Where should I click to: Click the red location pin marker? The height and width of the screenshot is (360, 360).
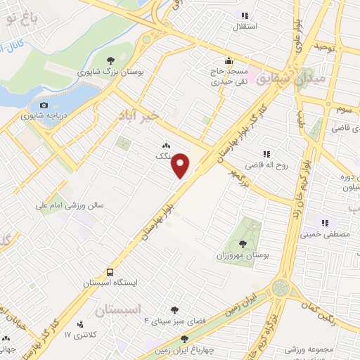[182, 164]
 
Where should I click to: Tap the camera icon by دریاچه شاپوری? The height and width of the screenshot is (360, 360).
[43, 105]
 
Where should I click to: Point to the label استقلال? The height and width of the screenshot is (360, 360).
[244, 27]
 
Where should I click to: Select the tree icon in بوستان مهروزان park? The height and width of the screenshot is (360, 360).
[243, 244]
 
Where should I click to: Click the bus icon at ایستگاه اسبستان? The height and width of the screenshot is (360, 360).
[110, 271]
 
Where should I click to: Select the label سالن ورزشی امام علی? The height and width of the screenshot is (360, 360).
[70, 207]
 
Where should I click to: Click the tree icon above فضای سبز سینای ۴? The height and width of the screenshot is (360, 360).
[174, 309]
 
